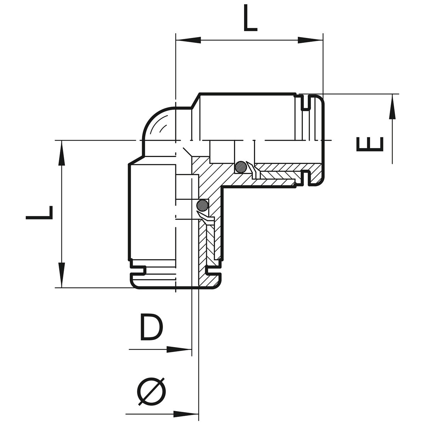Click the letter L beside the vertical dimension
pos(39,212)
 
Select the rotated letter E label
pos(370,144)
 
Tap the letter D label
pos(151,329)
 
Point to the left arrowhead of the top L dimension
pos(188,40)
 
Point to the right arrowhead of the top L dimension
pos(310,40)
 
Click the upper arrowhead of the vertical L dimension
pos(62,153)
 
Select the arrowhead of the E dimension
pos(392,107)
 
